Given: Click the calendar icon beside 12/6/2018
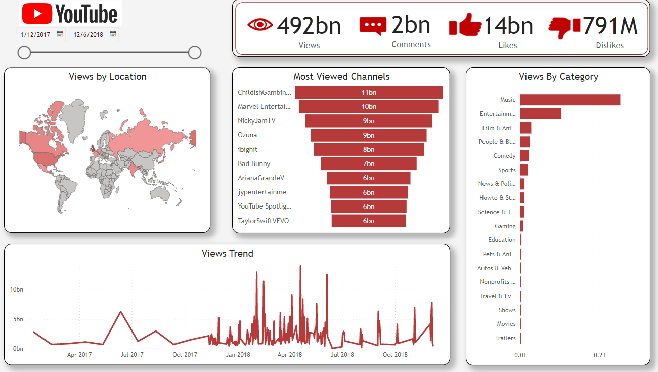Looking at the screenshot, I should (x=113, y=34).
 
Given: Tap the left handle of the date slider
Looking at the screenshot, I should (x=24, y=52).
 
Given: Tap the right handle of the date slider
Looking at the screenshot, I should (x=195, y=52).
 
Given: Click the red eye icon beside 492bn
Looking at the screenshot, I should (x=260, y=25).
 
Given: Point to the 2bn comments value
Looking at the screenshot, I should (x=411, y=25).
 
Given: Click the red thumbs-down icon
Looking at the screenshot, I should (x=564, y=27).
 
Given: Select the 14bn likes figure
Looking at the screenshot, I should (x=508, y=26).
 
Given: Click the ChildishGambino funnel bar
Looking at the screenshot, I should (x=369, y=93).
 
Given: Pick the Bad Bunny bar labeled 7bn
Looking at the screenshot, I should (x=369, y=164).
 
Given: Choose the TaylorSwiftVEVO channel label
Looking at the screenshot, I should (x=264, y=221).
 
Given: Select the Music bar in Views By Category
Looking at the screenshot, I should (x=570, y=100).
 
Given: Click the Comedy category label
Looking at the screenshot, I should (x=504, y=156).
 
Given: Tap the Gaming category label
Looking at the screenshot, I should (x=505, y=226).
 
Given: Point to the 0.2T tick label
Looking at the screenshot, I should (x=600, y=355).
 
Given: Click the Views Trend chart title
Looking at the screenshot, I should (x=227, y=254).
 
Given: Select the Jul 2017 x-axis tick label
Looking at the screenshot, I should (x=132, y=355).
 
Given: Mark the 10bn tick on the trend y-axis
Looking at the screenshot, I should (x=17, y=290).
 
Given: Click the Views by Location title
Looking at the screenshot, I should (x=108, y=77).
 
